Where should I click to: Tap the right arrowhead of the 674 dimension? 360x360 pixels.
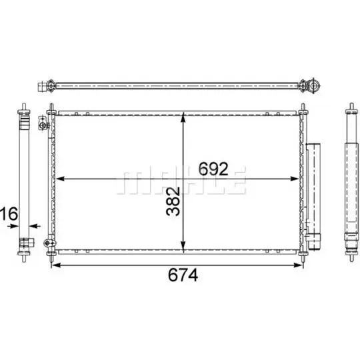click(301, 265)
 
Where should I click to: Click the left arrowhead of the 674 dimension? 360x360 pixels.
click(55, 265)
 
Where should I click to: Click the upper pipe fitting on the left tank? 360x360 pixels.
click(43, 124)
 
